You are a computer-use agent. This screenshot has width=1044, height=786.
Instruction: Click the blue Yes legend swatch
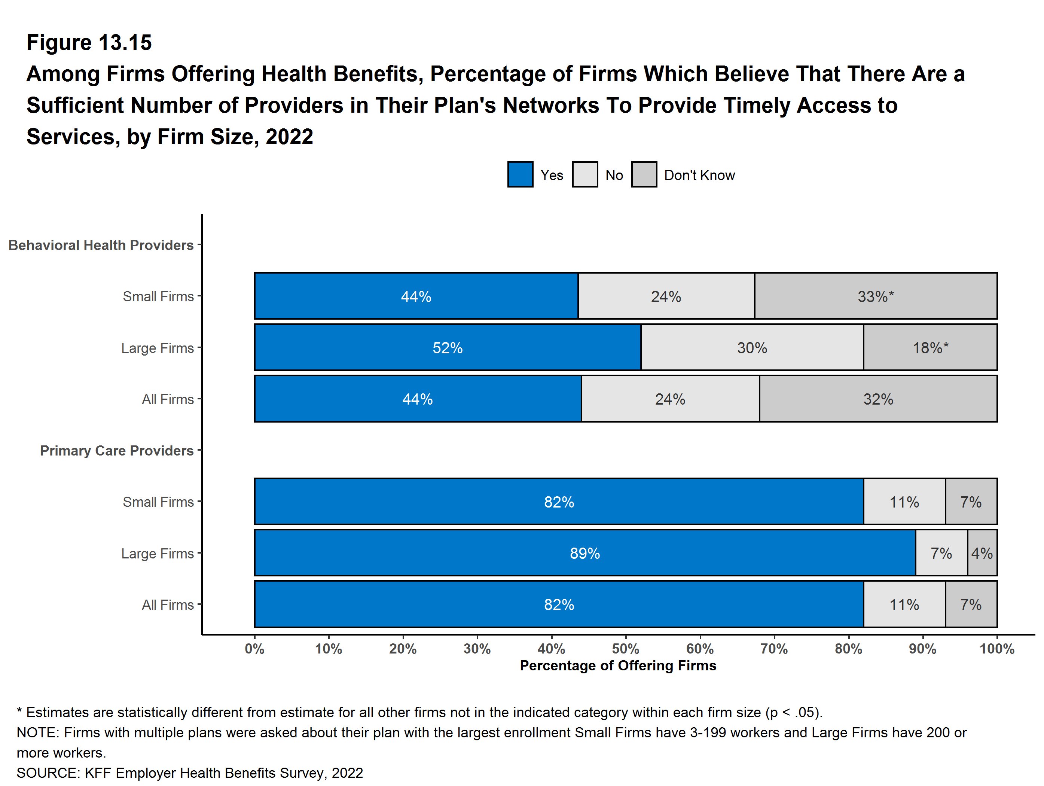pos(520,175)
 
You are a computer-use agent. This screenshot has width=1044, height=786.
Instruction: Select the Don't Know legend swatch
pos(644,175)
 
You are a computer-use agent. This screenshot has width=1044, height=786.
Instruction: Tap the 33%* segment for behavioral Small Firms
pos(876,296)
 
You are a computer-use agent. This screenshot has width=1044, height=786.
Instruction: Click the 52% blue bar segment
pos(448,347)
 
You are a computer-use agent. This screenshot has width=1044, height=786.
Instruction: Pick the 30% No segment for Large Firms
pos(752,347)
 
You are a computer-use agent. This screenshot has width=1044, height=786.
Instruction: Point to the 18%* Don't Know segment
pos(930,347)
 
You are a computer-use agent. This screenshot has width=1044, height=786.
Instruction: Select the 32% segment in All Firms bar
pos(878,399)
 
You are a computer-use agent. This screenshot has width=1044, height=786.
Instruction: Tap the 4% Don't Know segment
pos(982,553)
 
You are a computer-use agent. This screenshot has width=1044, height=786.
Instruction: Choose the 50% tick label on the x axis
pos(625,649)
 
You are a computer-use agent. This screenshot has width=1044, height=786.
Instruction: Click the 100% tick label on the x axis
pos(997,649)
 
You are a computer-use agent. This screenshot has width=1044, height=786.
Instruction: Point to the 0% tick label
pos(254,649)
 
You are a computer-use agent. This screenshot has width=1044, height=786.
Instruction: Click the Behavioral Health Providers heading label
pos(101,245)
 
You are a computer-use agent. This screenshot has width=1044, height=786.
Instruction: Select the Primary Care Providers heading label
pos(117,450)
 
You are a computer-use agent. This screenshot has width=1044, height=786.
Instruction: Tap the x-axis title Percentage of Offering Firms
pos(618,665)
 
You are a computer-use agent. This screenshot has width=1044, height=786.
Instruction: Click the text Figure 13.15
pos(89,43)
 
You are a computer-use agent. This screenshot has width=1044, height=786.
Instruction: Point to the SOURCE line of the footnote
pos(190,773)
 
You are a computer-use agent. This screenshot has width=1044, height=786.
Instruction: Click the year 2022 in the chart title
pos(289,137)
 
